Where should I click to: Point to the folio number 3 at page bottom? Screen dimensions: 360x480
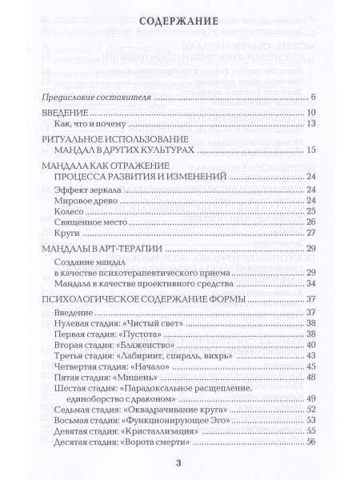(x=179, y=466)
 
